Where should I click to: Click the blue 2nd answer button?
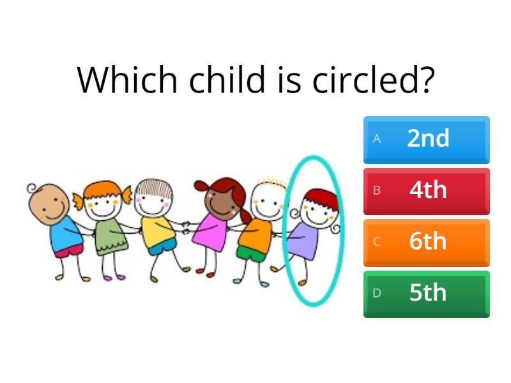click(x=427, y=139)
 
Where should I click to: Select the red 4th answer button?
click(x=427, y=191)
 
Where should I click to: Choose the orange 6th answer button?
click(x=427, y=242)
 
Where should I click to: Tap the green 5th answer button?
click(x=427, y=294)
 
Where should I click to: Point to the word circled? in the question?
click(x=374, y=80)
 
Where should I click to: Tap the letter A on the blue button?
click(x=377, y=139)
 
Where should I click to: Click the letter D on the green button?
click(x=377, y=294)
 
